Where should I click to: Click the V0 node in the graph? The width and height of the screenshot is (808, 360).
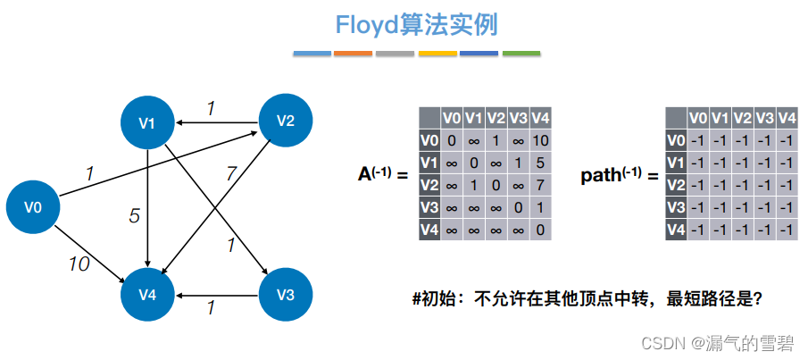tap(33, 207)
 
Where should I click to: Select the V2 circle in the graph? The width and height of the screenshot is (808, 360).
tap(285, 121)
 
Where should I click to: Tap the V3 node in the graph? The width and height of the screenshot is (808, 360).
tap(285, 294)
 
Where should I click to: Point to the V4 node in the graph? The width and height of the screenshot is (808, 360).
tap(148, 294)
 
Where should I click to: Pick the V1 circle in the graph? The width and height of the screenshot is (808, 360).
tap(148, 122)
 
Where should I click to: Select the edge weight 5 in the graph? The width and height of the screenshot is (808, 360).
tap(134, 214)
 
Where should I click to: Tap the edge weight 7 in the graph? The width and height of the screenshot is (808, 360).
tap(231, 172)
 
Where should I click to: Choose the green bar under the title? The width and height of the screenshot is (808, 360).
tap(521, 54)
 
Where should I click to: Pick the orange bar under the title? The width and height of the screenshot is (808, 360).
tap(352, 54)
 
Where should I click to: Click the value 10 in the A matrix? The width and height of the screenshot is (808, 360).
tap(540, 140)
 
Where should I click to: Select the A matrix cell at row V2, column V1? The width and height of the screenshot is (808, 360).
tap(474, 185)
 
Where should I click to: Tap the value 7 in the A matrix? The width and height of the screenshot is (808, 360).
tap(540, 185)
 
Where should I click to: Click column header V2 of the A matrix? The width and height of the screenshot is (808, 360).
tap(496, 118)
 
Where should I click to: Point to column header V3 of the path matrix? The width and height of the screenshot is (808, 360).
tap(765, 118)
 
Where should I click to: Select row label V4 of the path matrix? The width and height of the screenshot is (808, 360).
tap(676, 230)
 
